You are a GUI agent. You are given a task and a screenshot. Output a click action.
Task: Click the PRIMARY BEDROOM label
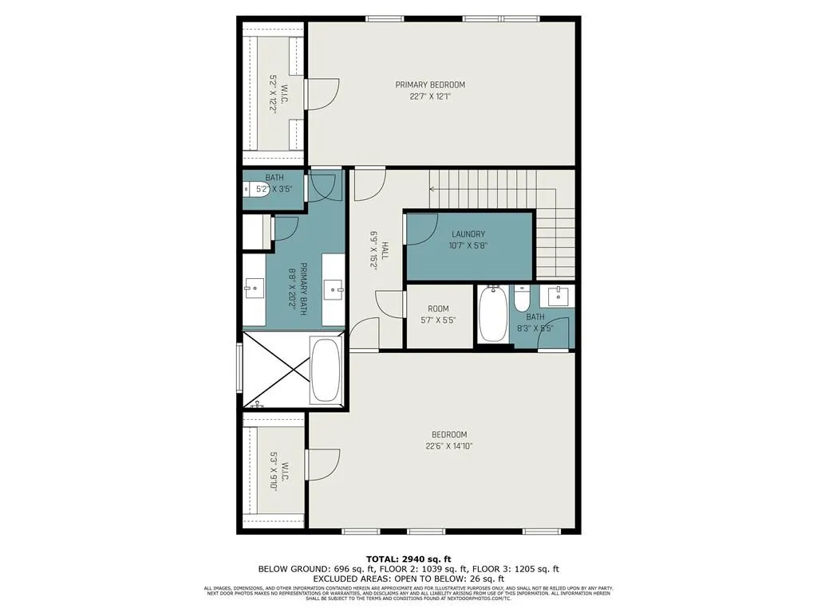(430, 84)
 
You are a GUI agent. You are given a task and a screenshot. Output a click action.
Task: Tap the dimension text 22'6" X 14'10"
(449, 446)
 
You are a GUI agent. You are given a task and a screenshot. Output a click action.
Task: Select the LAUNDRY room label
(468, 234)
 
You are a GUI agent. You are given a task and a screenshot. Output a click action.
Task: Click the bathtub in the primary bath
(326, 371)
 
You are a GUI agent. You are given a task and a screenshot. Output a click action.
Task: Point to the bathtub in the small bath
(491, 314)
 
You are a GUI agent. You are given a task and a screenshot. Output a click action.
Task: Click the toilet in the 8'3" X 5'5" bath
(523, 300)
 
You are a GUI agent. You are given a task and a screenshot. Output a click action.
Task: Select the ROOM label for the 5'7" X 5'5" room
(438, 308)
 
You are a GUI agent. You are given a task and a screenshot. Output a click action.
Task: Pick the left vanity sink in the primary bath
(255, 287)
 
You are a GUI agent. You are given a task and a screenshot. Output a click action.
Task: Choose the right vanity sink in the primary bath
(334, 287)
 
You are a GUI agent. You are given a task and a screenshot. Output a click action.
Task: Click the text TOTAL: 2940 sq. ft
(408, 558)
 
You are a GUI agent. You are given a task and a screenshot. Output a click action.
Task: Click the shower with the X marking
(275, 371)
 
